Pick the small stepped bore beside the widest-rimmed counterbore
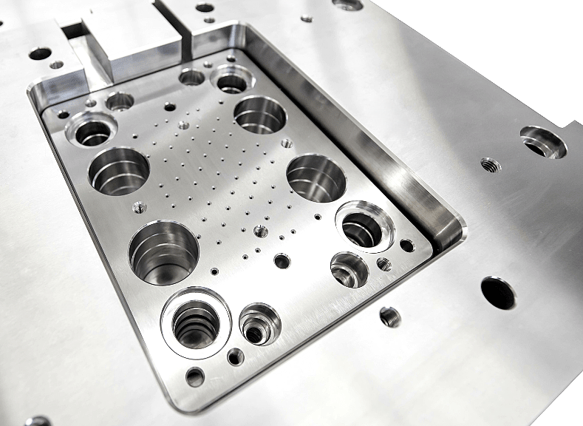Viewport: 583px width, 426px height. pos(259,323)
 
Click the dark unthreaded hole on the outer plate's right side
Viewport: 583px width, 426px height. pos(498,293)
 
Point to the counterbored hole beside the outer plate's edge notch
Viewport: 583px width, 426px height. pos(543,142)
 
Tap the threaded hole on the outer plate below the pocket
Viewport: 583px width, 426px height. pos(389,317)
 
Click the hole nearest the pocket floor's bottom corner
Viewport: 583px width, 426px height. pos(195,377)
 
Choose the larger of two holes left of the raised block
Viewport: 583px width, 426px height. pos(40,53)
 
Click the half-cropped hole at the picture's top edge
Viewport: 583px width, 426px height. pos(347,4)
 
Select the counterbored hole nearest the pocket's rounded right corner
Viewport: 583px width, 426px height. pos(364,226)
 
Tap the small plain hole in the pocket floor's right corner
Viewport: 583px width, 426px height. pos(406,245)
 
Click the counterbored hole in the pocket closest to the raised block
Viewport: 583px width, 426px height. pos(232,79)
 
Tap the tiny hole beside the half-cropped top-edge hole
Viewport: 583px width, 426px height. pos(306,18)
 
